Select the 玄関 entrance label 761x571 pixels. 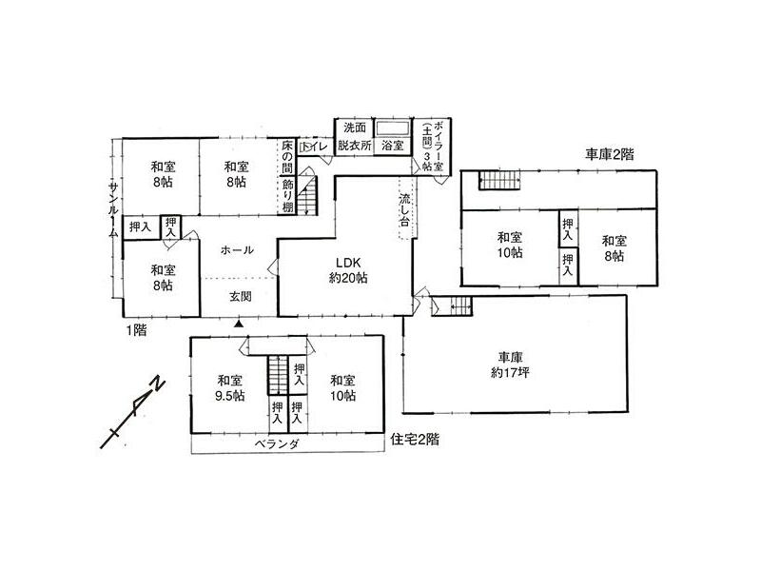pos(240,296)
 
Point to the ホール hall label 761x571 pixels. pos(236,250)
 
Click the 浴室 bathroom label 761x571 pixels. pos(392,148)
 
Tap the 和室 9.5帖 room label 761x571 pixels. pos(228,388)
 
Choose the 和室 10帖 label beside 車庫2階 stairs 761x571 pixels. pos(509,245)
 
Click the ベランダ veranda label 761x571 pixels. pos(278,444)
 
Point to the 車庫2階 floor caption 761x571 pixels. pos(610,152)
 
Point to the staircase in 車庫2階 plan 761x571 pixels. pos(494,180)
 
